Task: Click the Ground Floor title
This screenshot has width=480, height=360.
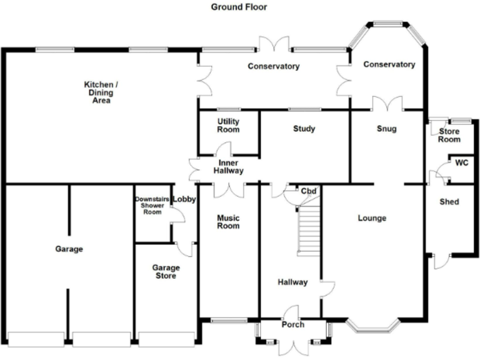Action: (x=239, y=7)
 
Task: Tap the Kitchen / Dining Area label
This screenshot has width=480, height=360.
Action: (x=101, y=92)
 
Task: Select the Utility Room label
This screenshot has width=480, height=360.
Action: (x=228, y=125)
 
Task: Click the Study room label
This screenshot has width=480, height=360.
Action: (x=304, y=129)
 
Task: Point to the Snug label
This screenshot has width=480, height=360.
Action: (x=387, y=129)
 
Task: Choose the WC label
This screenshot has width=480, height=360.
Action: (x=461, y=163)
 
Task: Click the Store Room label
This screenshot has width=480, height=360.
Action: (x=449, y=135)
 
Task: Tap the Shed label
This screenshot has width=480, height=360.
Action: (x=449, y=202)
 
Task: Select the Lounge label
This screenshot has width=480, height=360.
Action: (x=372, y=218)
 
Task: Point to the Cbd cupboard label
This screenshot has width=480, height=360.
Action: (x=307, y=191)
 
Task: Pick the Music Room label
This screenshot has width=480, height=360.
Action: (x=228, y=222)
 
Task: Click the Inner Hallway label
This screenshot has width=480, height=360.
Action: (x=228, y=167)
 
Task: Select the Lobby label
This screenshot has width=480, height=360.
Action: (x=184, y=199)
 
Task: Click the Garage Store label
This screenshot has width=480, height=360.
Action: (x=166, y=271)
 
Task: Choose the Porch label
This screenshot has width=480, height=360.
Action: (x=292, y=324)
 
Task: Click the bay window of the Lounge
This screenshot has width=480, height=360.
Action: (x=372, y=326)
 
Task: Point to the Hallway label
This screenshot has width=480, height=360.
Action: (x=292, y=282)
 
